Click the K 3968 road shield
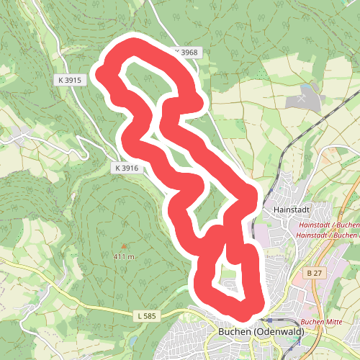click(185, 53)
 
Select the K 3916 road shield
click(125, 168)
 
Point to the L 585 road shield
click(146, 315)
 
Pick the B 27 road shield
click(314, 274)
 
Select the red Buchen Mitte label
click(320, 322)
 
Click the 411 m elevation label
click(124, 256)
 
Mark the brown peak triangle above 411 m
click(123, 247)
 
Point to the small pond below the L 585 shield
click(134, 338)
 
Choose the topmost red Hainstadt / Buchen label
click(328, 225)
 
